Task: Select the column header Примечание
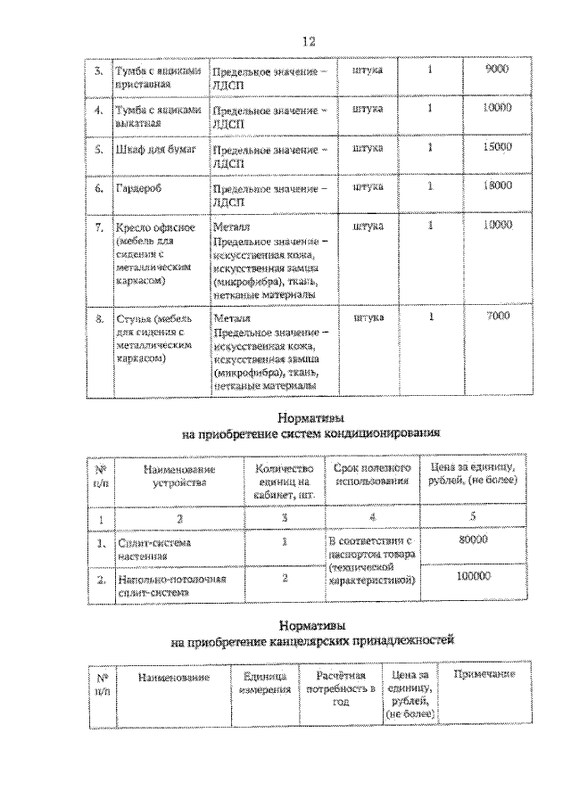[484, 674]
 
